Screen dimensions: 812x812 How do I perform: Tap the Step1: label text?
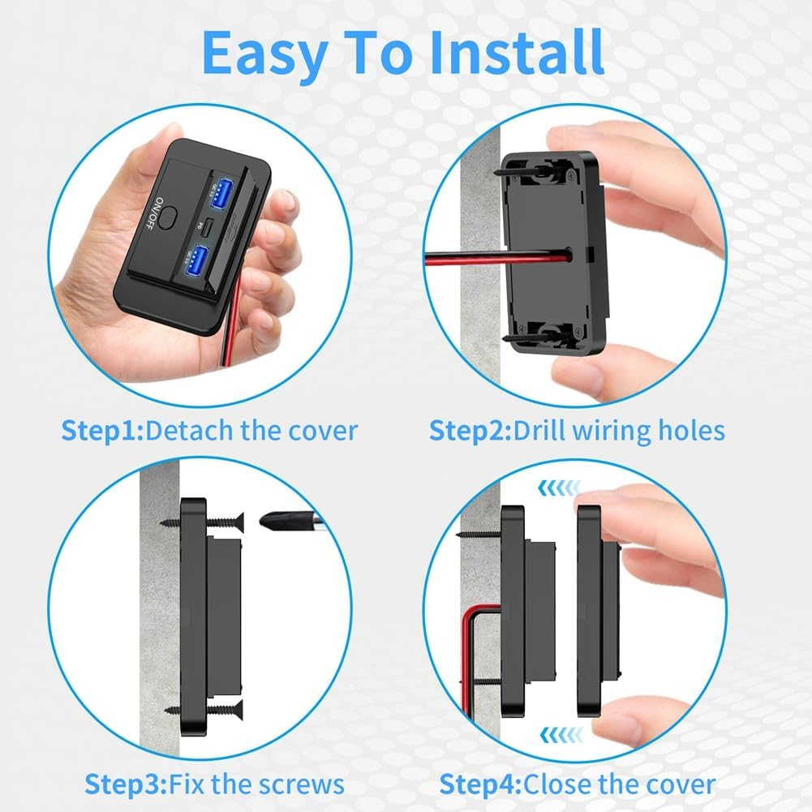102,430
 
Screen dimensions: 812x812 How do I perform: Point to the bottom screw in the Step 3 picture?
195,710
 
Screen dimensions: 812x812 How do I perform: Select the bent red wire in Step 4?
469,649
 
